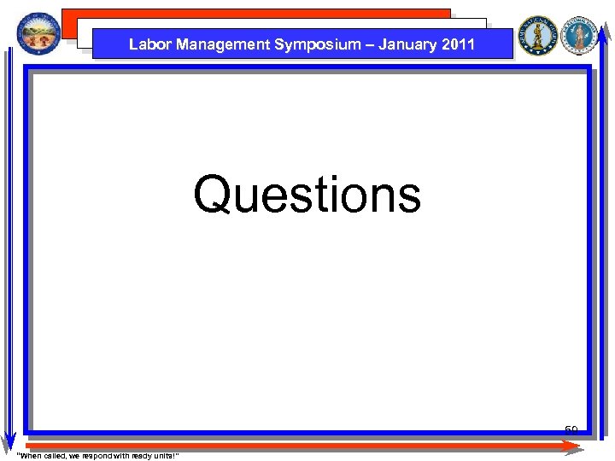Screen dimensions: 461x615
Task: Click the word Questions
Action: (307, 195)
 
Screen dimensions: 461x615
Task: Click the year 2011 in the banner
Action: (458, 44)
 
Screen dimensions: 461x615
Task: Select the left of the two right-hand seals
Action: (537, 35)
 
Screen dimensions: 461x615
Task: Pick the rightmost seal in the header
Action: (581, 35)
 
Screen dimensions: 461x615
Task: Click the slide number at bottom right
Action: (571, 429)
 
